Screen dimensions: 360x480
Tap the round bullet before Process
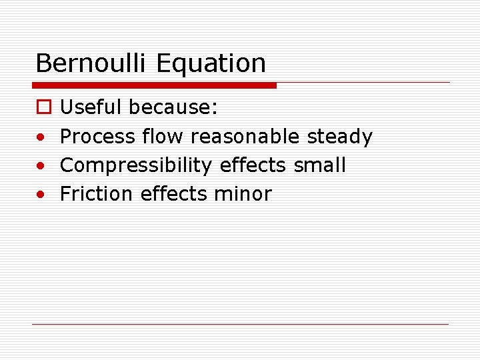click(41, 137)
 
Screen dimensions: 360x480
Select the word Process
click(97, 137)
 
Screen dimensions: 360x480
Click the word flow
click(163, 137)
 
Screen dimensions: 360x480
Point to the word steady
click(339, 137)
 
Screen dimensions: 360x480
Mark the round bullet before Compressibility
click(41, 166)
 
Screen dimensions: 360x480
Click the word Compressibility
click(135, 165)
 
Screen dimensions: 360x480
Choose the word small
click(320, 165)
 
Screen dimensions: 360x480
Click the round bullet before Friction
click(41, 195)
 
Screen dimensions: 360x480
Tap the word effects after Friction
click(174, 194)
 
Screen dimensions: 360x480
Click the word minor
click(243, 194)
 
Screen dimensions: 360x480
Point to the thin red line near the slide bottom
click(240, 324)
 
